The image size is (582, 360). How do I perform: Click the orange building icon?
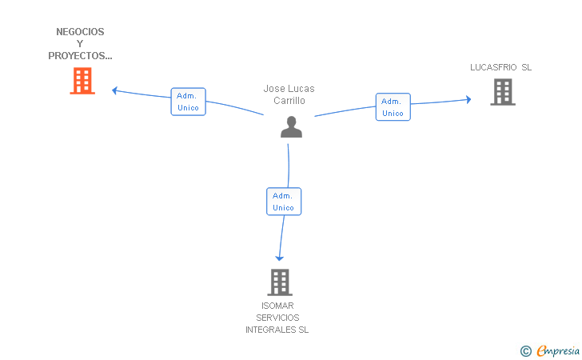point(82,81)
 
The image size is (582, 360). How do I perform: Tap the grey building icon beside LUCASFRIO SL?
point(503,92)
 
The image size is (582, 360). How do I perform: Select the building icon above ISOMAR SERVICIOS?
point(280,282)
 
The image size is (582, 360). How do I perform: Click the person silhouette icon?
point(291,127)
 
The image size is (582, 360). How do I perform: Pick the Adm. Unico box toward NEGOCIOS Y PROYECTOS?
point(188,102)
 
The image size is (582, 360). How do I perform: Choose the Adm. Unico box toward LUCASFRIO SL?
point(393,107)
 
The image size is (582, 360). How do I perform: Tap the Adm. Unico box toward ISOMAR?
point(284,202)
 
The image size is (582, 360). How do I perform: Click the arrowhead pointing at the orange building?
point(114,90)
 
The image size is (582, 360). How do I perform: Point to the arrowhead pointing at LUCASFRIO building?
point(468,99)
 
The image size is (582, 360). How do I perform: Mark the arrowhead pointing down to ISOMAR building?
point(280,258)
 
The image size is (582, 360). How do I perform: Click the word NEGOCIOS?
point(80,31)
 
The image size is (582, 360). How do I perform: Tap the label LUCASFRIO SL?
point(500,67)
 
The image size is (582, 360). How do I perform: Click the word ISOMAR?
point(277,306)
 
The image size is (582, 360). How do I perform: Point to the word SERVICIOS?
point(277,318)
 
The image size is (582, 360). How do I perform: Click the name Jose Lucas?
point(289,89)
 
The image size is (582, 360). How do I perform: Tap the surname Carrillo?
point(289,100)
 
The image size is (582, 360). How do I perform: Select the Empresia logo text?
point(558,350)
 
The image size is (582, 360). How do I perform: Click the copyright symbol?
point(526,351)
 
